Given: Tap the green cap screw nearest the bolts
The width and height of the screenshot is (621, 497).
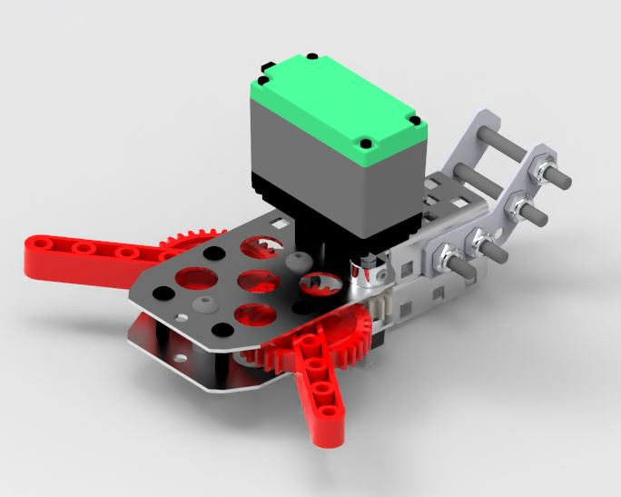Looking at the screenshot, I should coord(414,121).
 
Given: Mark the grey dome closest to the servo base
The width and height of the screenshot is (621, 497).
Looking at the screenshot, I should coord(291,261).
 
